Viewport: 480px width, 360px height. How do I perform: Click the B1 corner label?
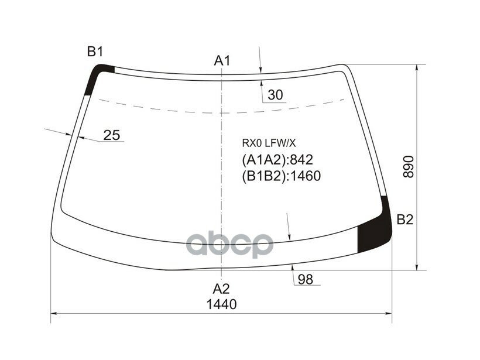coord(95,52)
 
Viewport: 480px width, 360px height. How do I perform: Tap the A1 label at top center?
coord(222,60)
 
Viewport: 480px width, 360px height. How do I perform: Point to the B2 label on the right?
coord(405,220)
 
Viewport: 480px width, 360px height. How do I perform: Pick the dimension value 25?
coord(111,135)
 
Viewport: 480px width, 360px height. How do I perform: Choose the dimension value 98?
coord(305,279)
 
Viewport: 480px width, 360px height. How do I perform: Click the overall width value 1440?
coord(221,304)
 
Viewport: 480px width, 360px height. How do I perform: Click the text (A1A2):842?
coord(278,160)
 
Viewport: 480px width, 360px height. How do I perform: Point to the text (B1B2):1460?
coord(282,176)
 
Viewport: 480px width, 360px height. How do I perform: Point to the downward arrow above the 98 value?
coord(289,237)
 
